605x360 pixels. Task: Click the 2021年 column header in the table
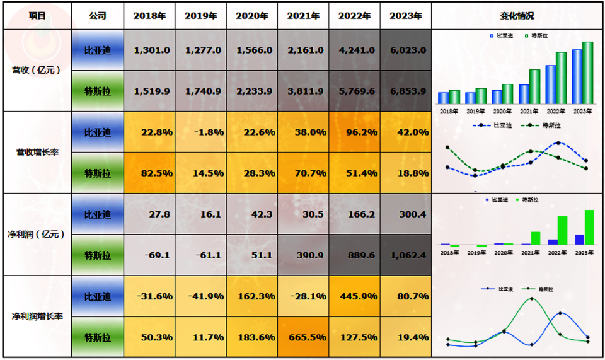point(303,16)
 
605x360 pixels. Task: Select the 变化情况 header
point(517,16)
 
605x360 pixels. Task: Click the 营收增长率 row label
point(37,152)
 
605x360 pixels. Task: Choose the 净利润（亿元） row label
point(37,235)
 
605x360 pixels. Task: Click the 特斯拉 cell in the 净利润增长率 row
point(98,337)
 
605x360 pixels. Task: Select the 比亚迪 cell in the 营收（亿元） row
point(98,50)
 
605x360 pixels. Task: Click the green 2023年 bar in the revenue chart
point(588,73)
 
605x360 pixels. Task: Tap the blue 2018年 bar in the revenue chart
point(444,98)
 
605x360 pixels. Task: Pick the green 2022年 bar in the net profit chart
point(563,230)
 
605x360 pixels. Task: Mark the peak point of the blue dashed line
point(559,143)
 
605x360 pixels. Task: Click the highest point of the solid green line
point(531,299)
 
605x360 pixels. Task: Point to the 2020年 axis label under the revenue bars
point(503,112)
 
